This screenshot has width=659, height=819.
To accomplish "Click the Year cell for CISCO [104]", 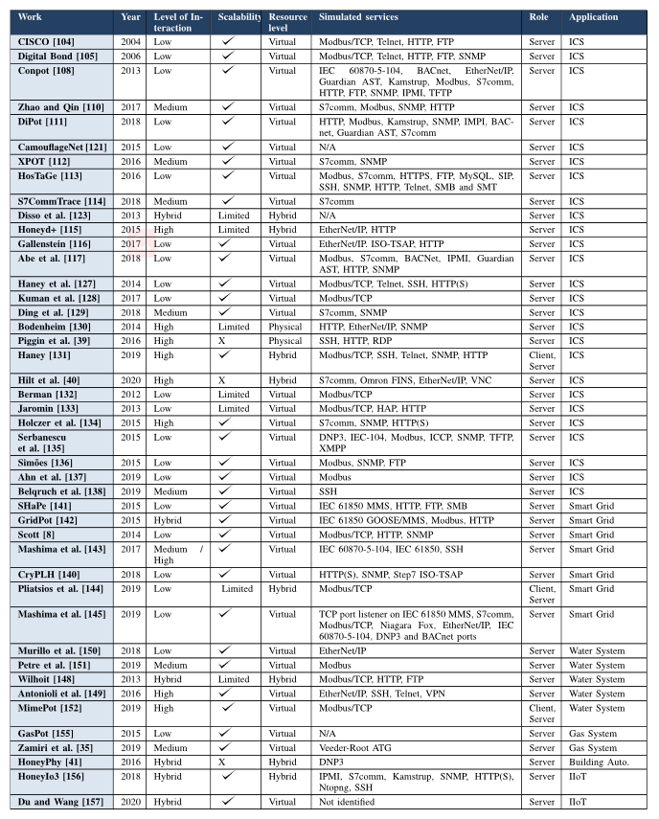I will pos(130,42).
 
